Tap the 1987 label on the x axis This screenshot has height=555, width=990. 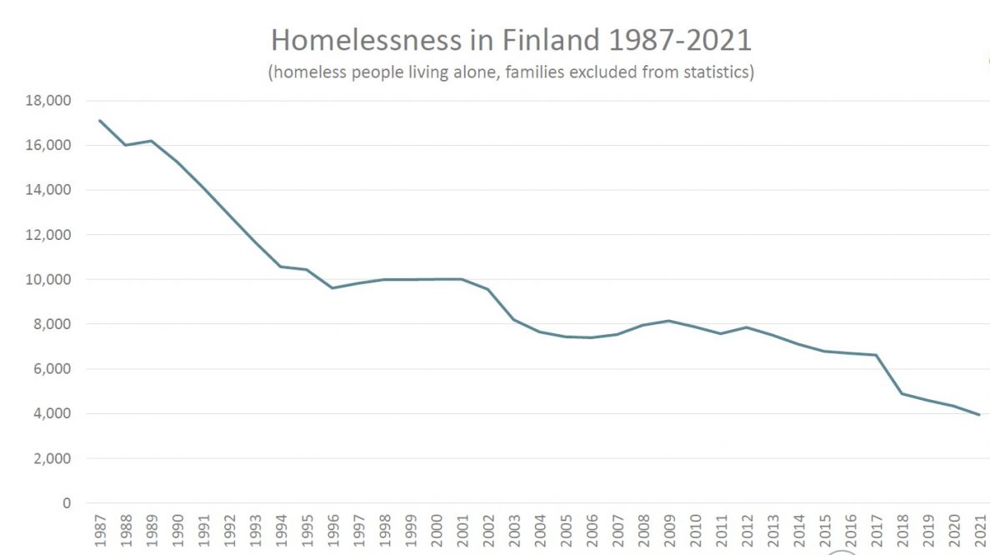(x=100, y=532)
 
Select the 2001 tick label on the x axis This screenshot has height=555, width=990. (x=462, y=532)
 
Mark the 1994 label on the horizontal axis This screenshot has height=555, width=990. (x=281, y=532)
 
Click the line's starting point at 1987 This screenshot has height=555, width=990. (x=100, y=121)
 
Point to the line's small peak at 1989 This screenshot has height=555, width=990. (x=152, y=141)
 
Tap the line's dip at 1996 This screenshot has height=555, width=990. (x=332, y=288)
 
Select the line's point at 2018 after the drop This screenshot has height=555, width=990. (x=902, y=393)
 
